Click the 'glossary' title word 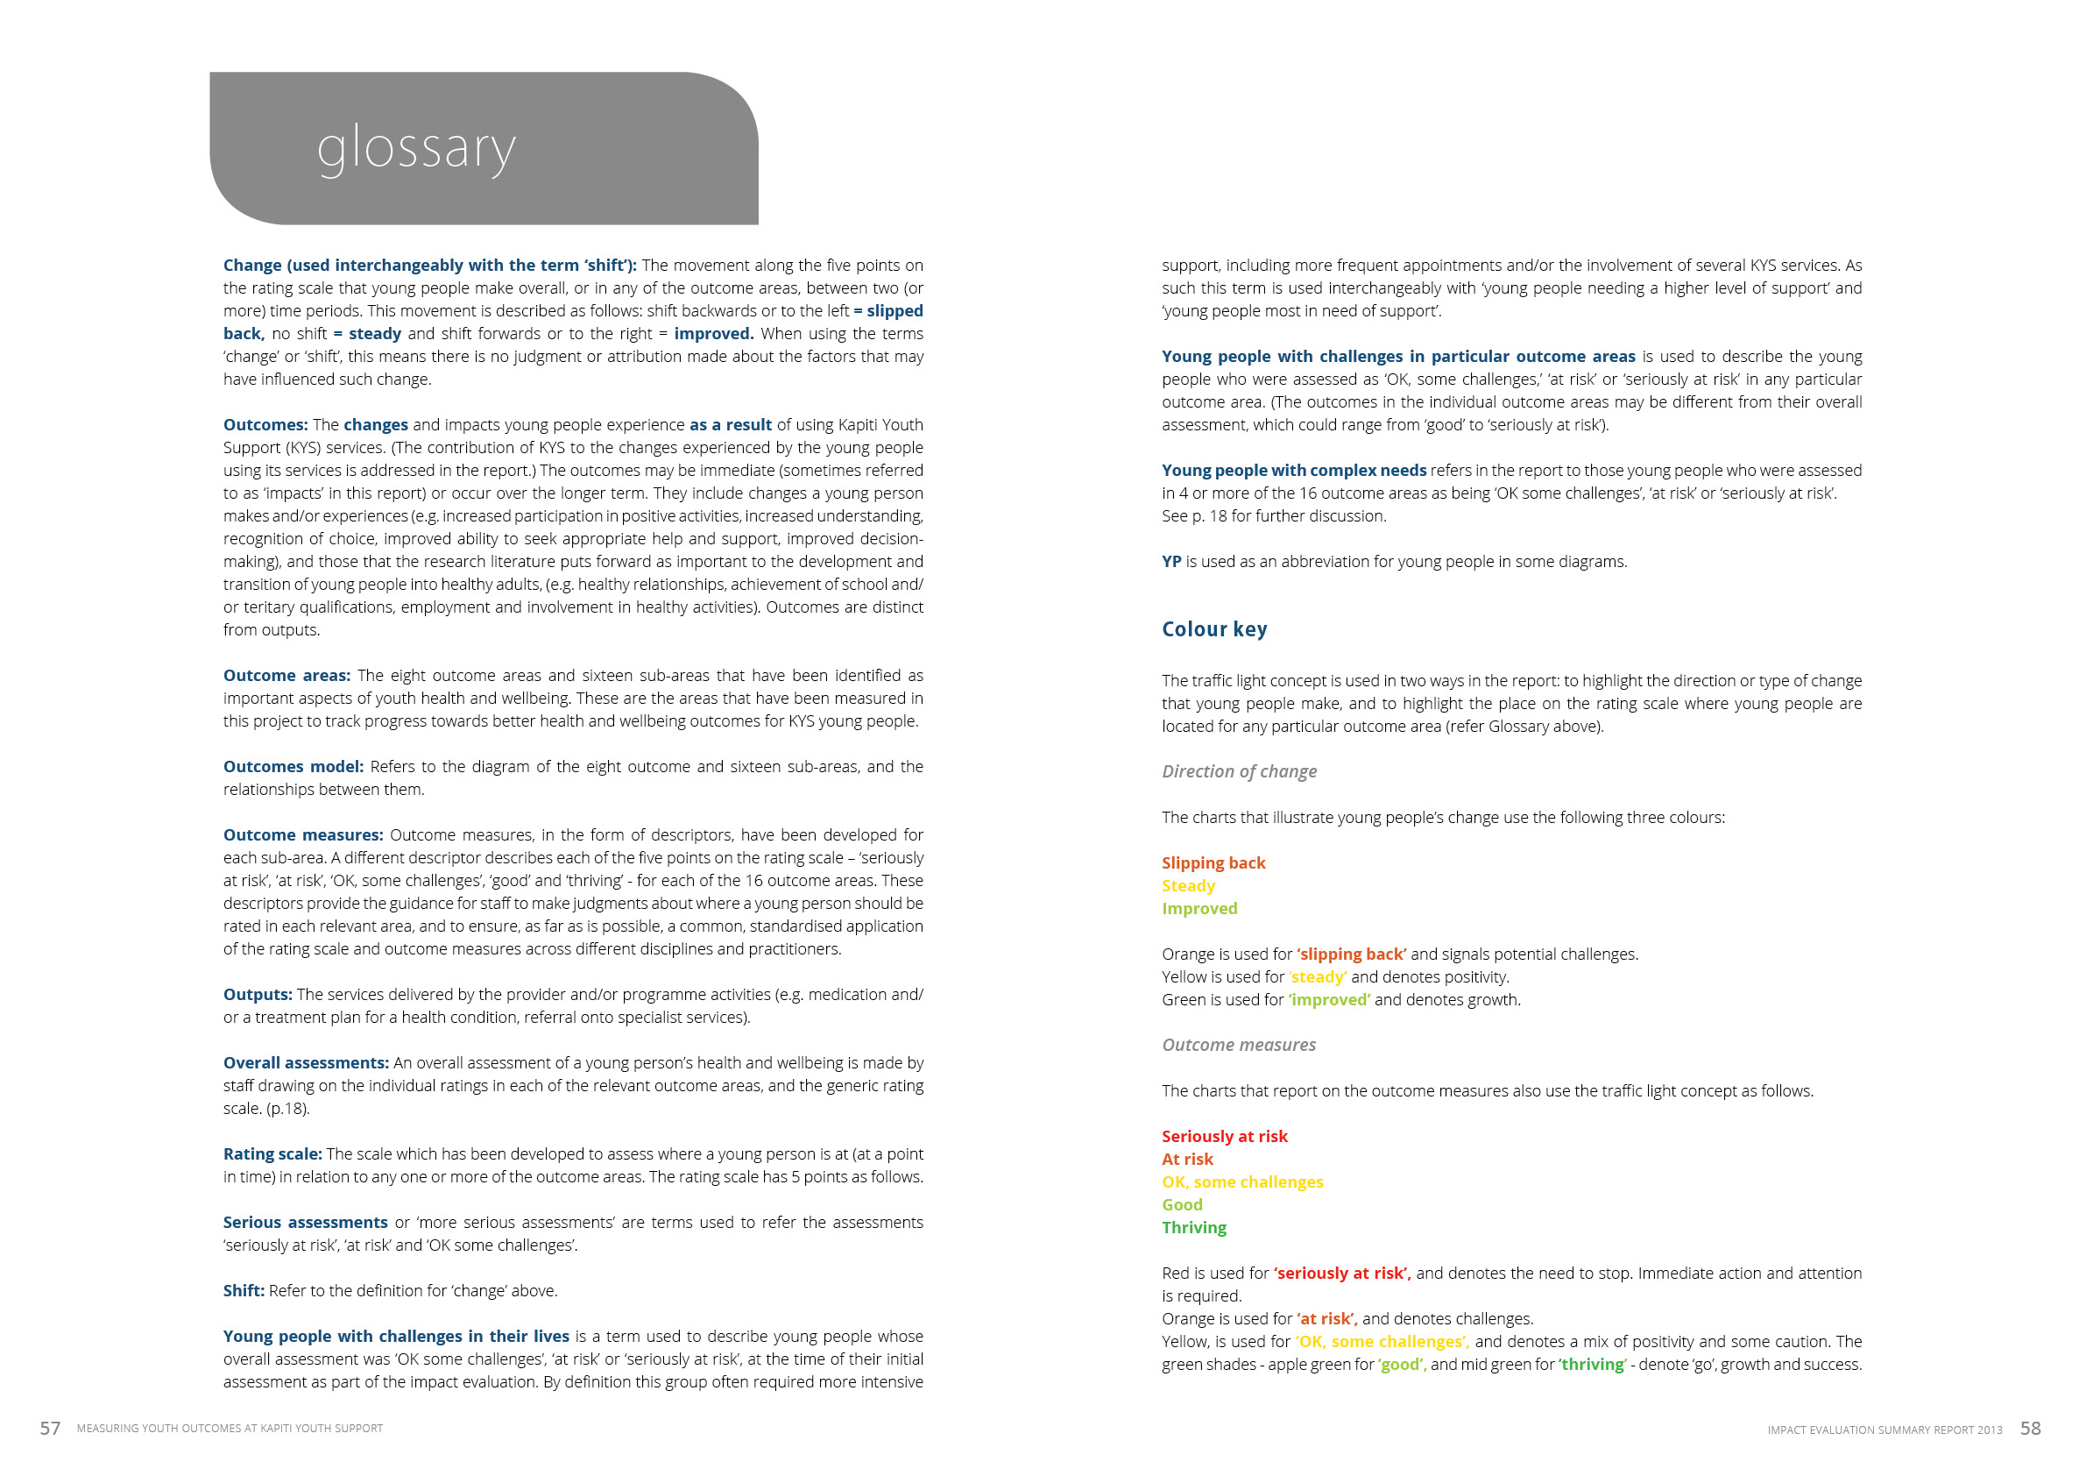(x=416, y=148)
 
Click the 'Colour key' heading (x=1213, y=629)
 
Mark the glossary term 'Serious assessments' (x=305, y=1223)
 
